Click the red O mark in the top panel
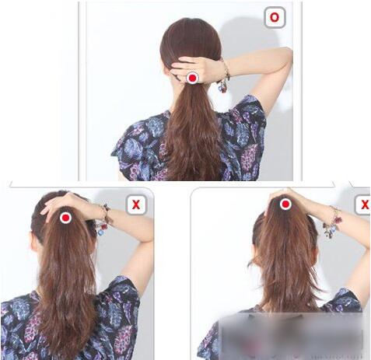coord(275,17)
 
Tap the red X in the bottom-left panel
coord(136,204)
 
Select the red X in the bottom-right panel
coord(365,204)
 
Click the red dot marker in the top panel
coord(192,78)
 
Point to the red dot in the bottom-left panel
coord(65,218)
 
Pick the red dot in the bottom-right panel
coord(285,204)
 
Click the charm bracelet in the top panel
coord(225,77)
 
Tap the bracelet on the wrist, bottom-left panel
coord(104,220)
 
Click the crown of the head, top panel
coord(191,29)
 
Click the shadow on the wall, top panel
coord(249,33)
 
